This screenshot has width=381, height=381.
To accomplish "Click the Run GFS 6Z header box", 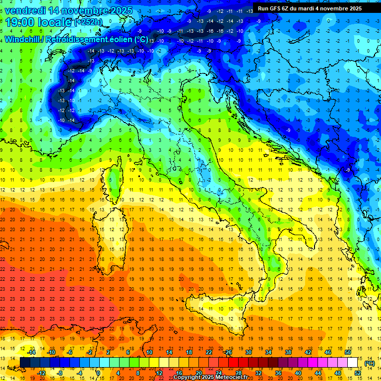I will click(310, 8).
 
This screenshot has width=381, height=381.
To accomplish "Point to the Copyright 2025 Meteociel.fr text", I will click(213, 378).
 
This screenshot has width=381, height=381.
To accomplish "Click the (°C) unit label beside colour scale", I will click(370, 363).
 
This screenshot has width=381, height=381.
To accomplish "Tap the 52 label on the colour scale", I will click(358, 373).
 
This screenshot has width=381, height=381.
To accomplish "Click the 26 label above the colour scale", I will click(229, 352).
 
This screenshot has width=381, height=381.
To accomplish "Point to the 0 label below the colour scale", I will click(98, 373).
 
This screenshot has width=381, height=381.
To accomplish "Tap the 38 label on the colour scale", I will click(288, 352).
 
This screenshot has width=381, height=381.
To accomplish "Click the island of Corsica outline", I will click(115, 179).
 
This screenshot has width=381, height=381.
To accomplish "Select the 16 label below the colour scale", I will click(179, 373).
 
